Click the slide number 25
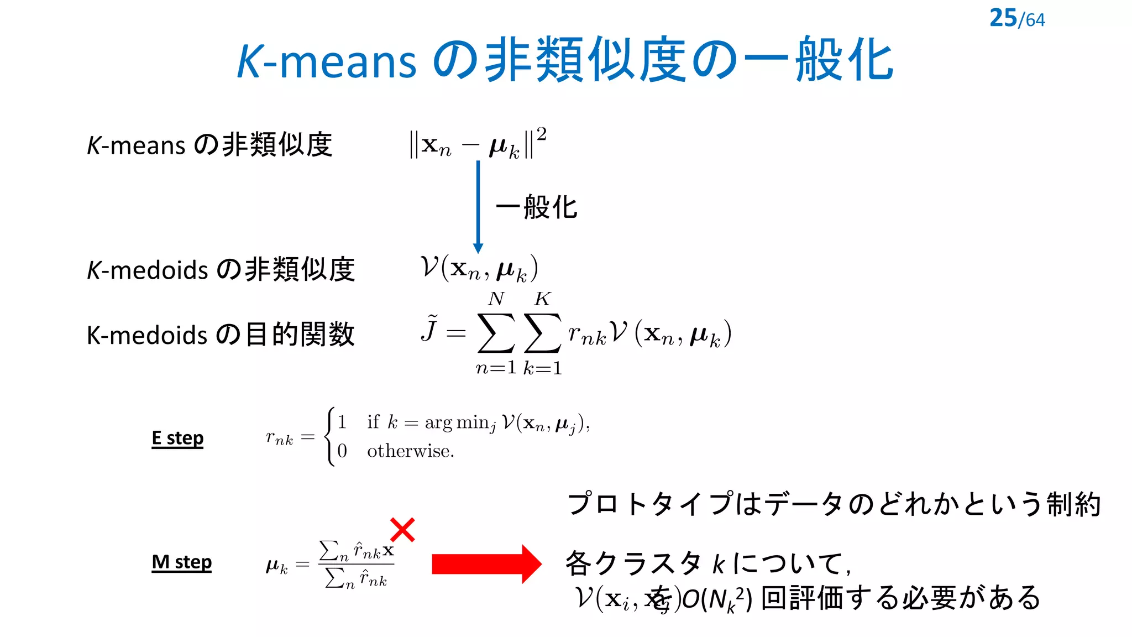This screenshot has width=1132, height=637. [1003, 18]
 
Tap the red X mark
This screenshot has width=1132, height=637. [402, 530]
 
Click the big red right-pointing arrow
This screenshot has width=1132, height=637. [486, 564]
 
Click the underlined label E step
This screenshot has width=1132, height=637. [177, 438]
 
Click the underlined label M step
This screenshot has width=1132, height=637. [181, 562]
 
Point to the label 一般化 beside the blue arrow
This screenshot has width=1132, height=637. [537, 207]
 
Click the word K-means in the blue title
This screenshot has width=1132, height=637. [326, 61]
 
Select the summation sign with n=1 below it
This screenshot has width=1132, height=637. [496, 333]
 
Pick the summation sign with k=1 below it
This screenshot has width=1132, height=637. [542, 333]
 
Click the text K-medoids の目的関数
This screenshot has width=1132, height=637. [220, 335]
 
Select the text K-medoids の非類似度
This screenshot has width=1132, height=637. [220, 270]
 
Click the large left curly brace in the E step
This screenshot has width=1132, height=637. [330, 437]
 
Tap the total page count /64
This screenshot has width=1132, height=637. [1032, 20]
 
